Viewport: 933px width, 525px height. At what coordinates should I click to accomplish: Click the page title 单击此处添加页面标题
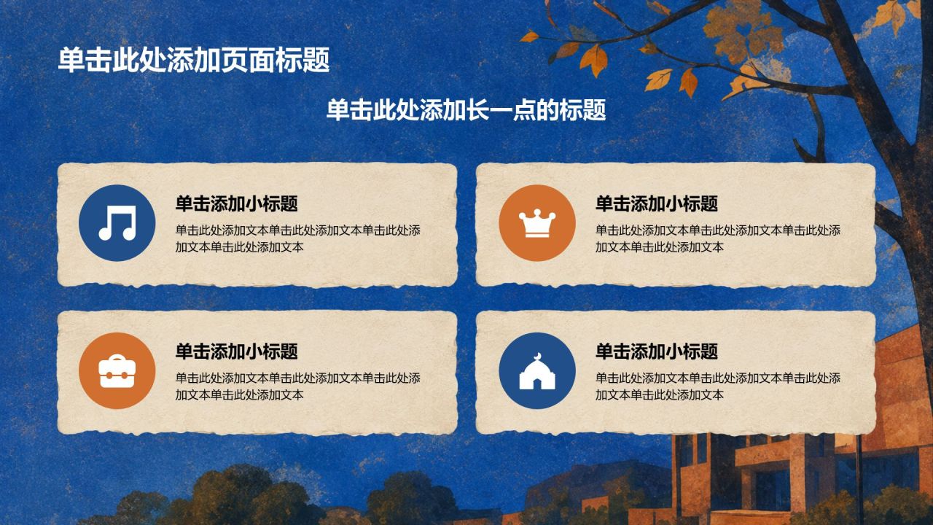[194, 60]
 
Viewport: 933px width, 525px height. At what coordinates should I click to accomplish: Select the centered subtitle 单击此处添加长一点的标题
[466, 110]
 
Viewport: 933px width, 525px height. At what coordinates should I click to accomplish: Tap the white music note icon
[117, 223]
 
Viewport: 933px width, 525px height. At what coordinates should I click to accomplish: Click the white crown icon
[537, 223]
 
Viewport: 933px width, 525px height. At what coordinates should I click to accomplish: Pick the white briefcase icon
[117, 371]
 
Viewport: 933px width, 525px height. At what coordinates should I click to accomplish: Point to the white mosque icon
[537, 371]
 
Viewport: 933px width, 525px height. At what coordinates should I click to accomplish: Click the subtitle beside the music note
[237, 203]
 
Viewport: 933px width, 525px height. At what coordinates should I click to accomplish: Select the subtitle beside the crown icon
[657, 203]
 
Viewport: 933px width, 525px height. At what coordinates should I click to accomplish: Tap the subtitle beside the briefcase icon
[237, 351]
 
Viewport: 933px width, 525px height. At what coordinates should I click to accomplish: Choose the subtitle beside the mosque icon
[657, 351]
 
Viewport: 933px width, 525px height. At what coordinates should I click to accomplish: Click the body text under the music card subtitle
[298, 238]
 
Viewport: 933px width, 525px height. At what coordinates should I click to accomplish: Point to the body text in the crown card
[718, 238]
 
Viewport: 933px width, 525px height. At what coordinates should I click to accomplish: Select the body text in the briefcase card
[298, 386]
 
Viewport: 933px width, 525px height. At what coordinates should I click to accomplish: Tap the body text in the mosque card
[718, 386]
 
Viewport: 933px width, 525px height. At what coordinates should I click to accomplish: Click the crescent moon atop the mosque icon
[537, 356]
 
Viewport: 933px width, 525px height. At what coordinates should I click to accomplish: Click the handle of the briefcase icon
[117, 357]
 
